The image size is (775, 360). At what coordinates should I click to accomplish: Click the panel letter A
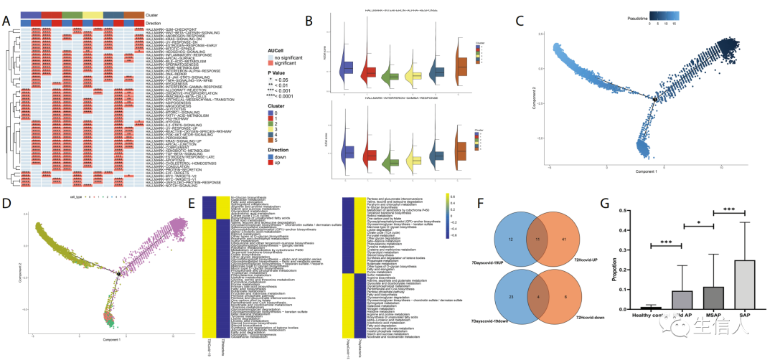pos(6,20)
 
